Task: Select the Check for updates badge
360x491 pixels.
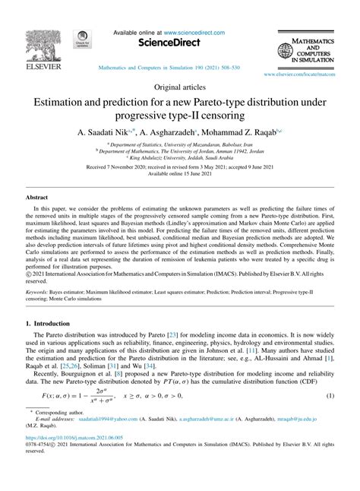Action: pyautogui.click(x=80, y=40)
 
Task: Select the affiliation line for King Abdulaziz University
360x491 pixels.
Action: pyautogui.click(x=179, y=157)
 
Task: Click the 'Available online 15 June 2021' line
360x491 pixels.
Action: pyautogui.click(x=179, y=173)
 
